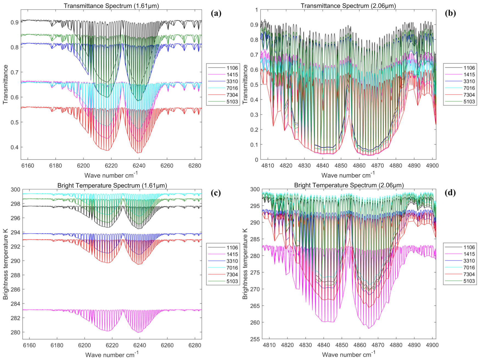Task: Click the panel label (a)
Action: pyautogui.click(x=216, y=13)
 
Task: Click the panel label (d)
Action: pyautogui.click(x=450, y=193)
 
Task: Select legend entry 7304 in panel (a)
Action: pyautogui.click(x=232, y=95)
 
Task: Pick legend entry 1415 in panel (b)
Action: pyautogui.click(x=469, y=75)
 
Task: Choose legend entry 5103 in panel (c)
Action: pyautogui.click(x=232, y=281)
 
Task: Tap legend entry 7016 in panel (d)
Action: pyautogui.click(x=469, y=267)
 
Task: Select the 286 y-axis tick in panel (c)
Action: pyautogui.click(x=15, y=289)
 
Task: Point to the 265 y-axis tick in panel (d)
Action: pyautogui.click(x=255, y=306)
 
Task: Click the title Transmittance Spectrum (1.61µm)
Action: pyautogui.click(x=111, y=6)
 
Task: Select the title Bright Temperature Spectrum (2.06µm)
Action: pyautogui.click(x=349, y=185)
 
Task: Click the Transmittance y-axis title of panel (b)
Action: pyautogui.click(x=245, y=84)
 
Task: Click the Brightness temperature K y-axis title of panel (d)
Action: pyautogui.click(x=245, y=264)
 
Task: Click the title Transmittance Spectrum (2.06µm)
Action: pyautogui.click(x=348, y=6)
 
